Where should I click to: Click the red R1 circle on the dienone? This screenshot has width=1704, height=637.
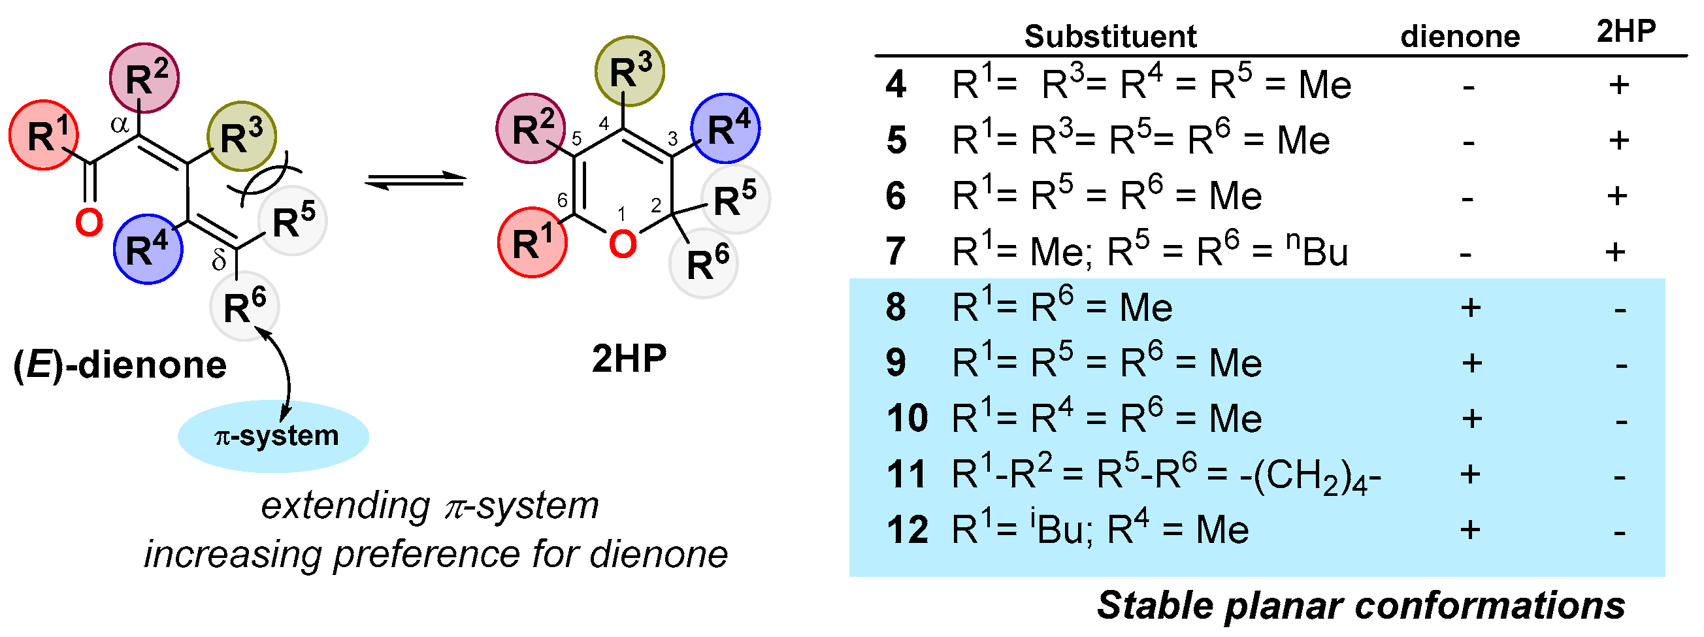tap(44, 136)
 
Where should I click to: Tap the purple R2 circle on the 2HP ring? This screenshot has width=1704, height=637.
tap(531, 128)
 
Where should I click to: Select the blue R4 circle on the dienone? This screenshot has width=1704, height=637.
tap(148, 250)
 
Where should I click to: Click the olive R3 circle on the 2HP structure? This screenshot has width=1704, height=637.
tap(629, 71)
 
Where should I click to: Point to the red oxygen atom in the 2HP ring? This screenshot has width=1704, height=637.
tap(622, 244)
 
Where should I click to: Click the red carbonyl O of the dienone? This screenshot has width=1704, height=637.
tap(89, 222)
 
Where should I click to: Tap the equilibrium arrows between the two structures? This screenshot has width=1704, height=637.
tap(416, 179)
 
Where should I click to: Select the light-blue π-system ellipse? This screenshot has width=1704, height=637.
tap(274, 436)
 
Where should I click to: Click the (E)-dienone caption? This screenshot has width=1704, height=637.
tap(120, 365)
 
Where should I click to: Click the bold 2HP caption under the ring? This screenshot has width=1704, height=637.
tap(629, 359)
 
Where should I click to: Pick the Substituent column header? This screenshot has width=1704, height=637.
tap(1110, 37)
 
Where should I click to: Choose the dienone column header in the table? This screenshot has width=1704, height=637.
tap(1460, 37)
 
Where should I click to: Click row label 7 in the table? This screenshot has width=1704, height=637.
tap(895, 252)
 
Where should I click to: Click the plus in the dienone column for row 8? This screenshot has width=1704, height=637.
tap(1470, 308)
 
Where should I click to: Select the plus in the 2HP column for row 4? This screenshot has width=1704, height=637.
tap(1618, 85)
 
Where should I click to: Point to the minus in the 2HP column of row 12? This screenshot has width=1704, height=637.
tap(1619, 532)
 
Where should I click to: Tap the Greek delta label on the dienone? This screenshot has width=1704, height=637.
tap(219, 261)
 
